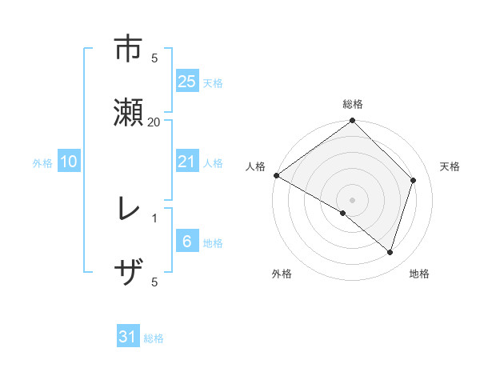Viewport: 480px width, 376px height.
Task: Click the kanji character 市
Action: (129, 50)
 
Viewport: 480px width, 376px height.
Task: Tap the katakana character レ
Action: (128, 210)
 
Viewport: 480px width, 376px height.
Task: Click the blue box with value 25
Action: (186, 82)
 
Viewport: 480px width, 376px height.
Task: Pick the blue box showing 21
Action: (186, 162)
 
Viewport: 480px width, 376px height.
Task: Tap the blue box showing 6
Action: (186, 242)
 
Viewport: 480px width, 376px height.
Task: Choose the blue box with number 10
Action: (68, 162)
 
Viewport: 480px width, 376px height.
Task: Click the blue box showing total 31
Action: (128, 337)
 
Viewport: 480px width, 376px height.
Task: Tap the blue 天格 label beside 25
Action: (213, 82)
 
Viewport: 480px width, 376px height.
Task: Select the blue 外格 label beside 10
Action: (42, 162)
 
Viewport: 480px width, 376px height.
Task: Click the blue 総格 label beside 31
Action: (154, 338)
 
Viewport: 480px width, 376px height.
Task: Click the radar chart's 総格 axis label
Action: (353, 104)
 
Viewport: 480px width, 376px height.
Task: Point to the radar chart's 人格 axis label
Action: (256, 166)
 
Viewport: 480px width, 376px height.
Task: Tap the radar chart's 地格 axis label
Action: (419, 274)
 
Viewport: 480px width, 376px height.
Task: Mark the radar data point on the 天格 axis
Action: (414, 180)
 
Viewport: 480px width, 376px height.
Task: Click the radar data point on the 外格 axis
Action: (343, 213)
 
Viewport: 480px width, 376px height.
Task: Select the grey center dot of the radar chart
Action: (353, 199)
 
